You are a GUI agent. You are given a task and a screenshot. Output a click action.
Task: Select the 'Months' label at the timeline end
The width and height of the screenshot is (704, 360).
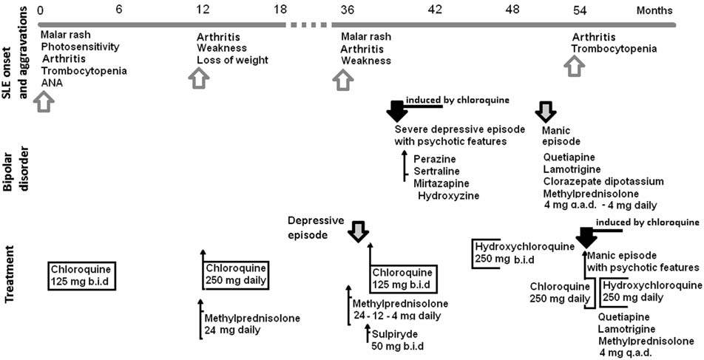click(x=654, y=10)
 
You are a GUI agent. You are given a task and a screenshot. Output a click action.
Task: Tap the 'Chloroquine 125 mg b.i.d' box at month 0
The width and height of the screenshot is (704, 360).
click(x=84, y=276)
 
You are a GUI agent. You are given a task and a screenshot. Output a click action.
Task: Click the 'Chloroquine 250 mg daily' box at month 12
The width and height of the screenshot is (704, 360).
click(x=236, y=274)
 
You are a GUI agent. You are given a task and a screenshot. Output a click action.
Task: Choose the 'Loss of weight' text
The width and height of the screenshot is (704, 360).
click(x=232, y=60)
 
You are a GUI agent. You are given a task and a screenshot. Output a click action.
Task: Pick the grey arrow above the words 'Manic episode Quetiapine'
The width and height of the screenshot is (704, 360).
click(x=545, y=111)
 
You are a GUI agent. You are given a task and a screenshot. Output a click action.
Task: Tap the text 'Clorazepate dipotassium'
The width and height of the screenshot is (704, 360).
click(x=603, y=180)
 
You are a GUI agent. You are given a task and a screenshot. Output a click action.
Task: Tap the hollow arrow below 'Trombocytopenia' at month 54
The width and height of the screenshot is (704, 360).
click(x=574, y=67)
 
